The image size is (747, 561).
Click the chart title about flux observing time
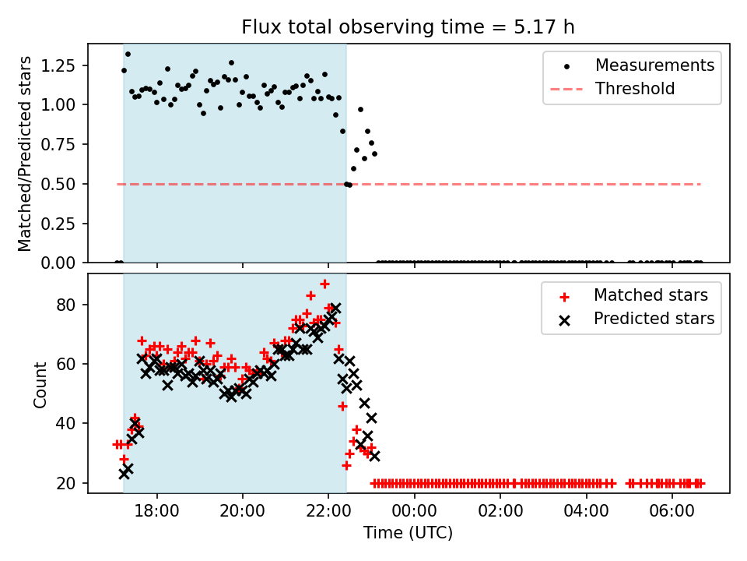(408, 27)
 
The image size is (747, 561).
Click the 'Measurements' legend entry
(654, 65)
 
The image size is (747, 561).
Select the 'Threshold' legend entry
(635, 89)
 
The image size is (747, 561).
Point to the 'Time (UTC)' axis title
(408, 533)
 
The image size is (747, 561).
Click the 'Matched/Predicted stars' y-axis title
(26, 153)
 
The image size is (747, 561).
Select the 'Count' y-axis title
(40, 383)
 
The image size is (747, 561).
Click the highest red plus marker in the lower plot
(324, 284)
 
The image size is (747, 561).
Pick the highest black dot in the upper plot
(128, 54)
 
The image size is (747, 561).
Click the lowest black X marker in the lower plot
(124, 473)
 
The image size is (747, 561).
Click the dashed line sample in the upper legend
(566, 89)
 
